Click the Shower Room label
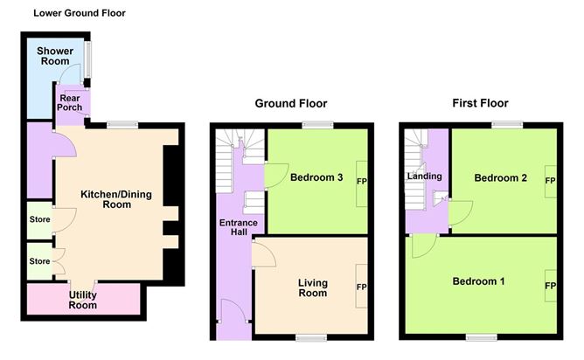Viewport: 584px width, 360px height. coord(53,56)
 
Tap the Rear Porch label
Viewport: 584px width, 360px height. coord(70,102)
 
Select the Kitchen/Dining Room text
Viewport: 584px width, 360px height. coord(106,199)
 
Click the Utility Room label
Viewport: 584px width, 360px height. coord(83,301)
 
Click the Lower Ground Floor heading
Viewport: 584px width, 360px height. coord(79,13)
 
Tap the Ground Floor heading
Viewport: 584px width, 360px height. coord(284,103)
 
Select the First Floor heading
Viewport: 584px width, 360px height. coord(480,103)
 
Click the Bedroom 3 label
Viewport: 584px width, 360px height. coord(316,179)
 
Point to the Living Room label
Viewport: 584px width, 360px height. coord(312,287)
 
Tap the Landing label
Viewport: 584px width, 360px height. coord(425,177)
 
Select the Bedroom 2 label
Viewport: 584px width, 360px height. coord(500,178)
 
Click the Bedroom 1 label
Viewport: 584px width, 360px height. coord(478,281)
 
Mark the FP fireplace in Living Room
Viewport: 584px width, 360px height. coord(361,287)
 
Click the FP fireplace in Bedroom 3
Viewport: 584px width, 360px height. coord(362,182)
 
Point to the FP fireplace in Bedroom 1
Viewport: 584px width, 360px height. coord(551,286)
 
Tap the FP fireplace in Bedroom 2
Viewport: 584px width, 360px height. coord(551,180)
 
